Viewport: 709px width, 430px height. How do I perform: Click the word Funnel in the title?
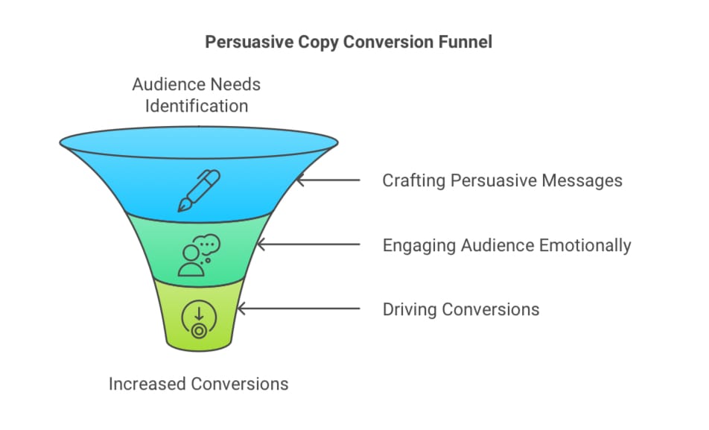click(465, 42)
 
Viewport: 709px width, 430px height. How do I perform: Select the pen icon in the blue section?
click(199, 190)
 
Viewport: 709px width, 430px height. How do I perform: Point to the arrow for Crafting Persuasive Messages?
click(328, 180)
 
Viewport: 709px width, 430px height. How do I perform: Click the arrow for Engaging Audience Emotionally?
click(309, 245)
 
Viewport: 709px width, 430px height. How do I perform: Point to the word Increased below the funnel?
click(146, 385)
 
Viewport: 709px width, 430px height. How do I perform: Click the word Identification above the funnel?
click(197, 106)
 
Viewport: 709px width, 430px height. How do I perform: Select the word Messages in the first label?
click(582, 181)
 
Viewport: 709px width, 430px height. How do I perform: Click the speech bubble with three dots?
click(209, 244)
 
